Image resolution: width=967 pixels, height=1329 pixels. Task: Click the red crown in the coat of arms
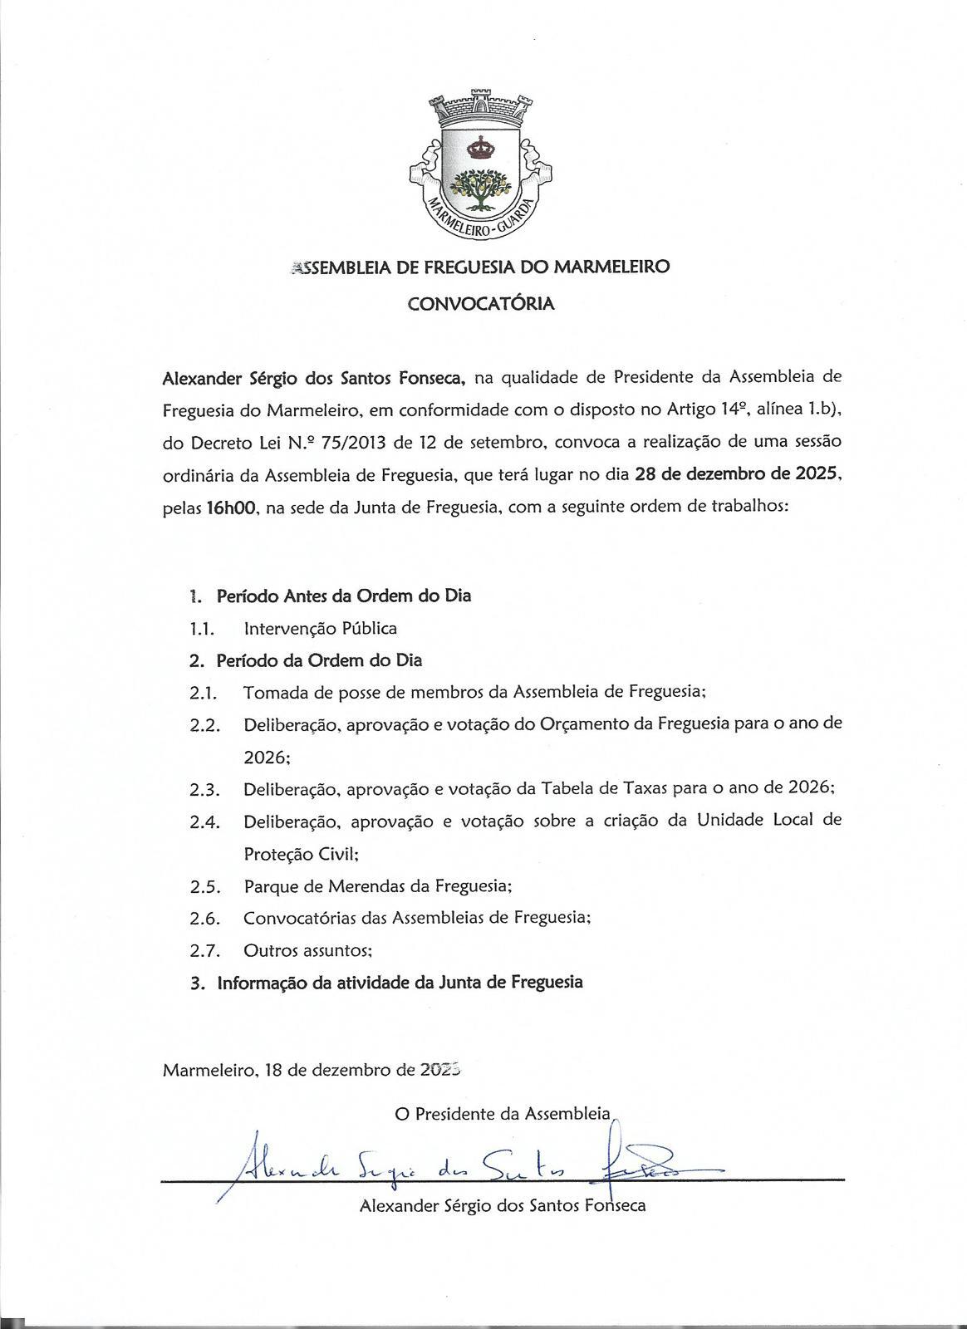(x=481, y=149)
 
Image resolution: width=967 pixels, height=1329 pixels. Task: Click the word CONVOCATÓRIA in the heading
(x=480, y=304)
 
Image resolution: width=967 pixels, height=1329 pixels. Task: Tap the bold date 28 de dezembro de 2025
(x=738, y=476)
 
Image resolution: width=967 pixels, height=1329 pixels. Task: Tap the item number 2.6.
(x=204, y=919)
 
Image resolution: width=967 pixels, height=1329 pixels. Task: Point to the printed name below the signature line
(x=503, y=1206)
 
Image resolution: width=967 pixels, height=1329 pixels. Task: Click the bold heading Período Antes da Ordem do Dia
(x=343, y=596)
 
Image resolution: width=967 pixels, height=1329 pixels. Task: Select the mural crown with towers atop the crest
(x=481, y=106)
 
